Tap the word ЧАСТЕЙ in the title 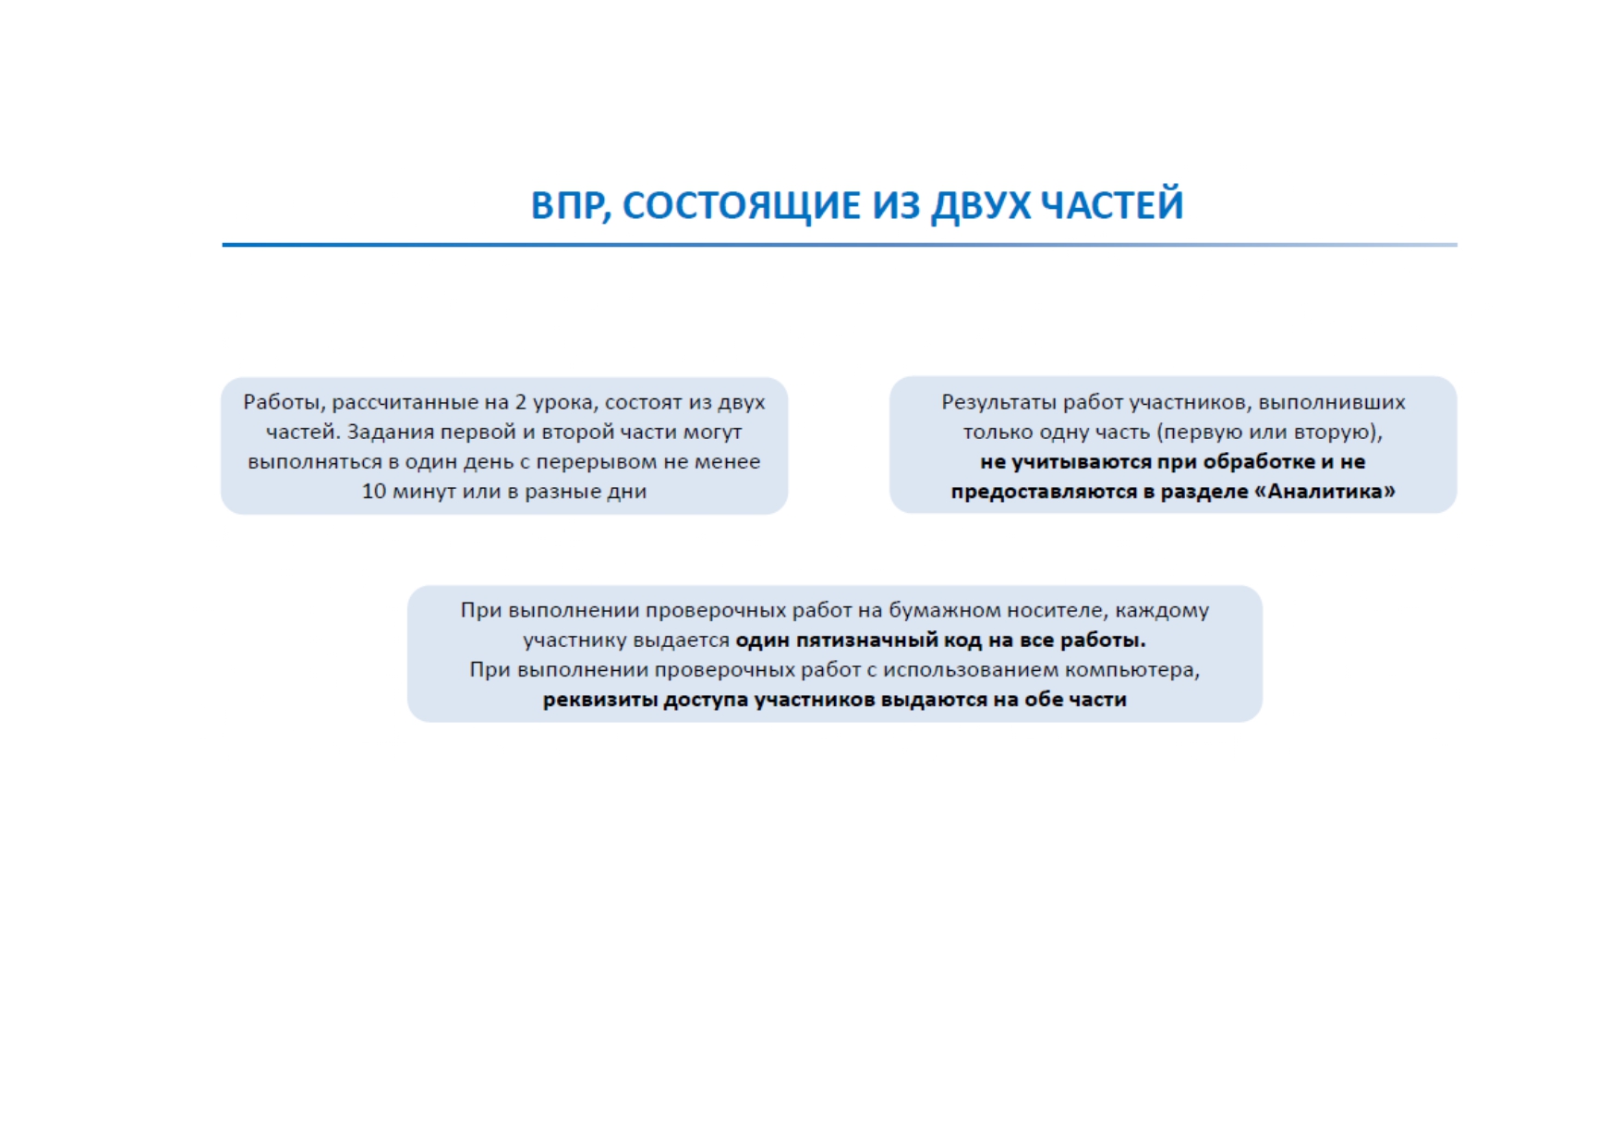click(1112, 203)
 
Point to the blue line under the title click(839, 245)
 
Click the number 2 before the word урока click(521, 402)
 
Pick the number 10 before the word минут click(374, 491)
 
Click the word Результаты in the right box click(998, 402)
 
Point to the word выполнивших click(1332, 402)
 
